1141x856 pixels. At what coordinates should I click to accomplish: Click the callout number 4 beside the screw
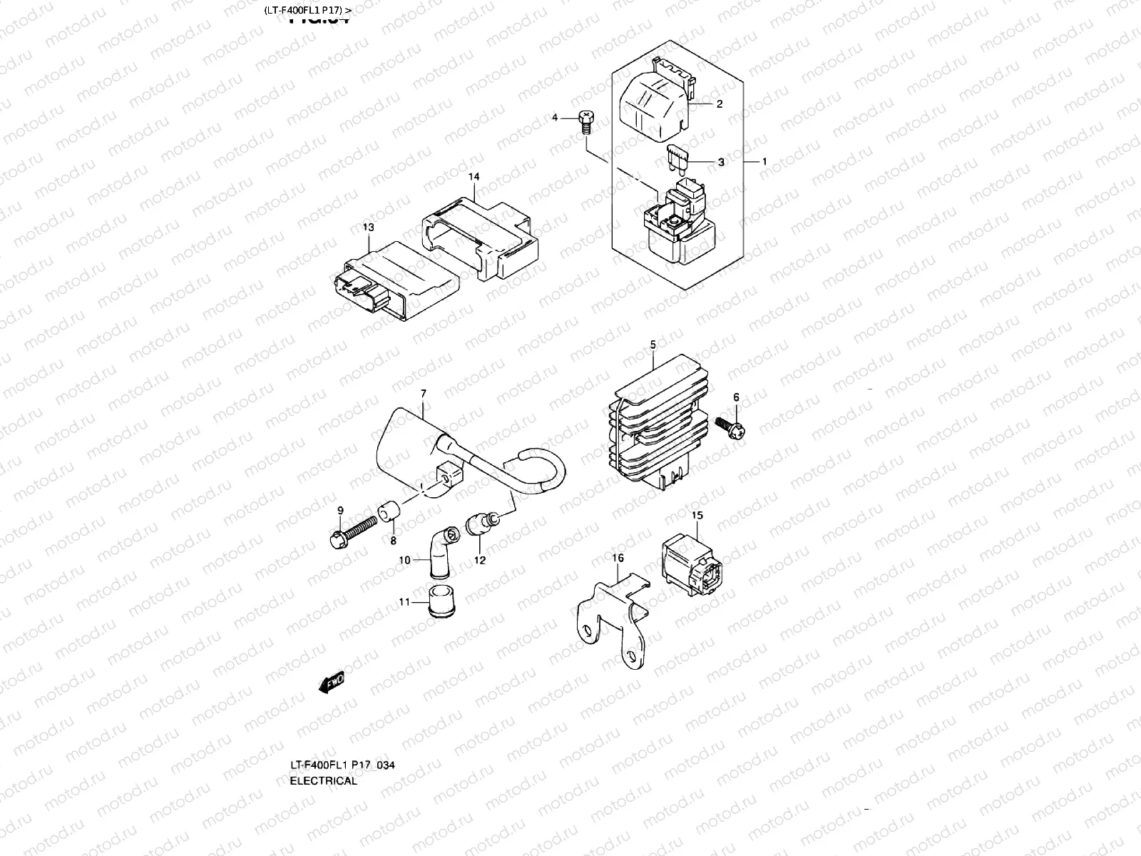tap(555, 117)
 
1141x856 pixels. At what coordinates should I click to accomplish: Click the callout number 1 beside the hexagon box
tap(764, 162)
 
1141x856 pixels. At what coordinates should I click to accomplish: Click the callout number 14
tap(474, 177)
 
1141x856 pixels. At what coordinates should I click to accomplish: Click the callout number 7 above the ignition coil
tap(423, 394)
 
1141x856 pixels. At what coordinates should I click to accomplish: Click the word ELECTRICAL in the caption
tap(323, 780)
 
